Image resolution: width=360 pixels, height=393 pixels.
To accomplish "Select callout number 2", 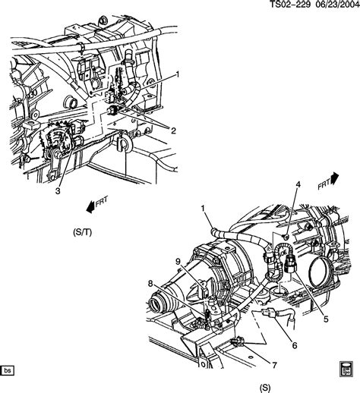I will click(x=173, y=130).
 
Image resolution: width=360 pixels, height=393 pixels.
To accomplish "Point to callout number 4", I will click(x=298, y=185).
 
